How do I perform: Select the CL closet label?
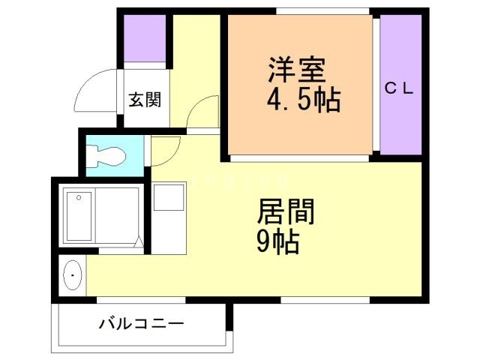[400, 88]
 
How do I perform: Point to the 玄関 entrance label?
[143, 100]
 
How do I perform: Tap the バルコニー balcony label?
[141, 325]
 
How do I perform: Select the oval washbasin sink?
[72, 276]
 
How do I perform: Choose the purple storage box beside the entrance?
[145, 37]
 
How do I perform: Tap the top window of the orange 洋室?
[300, 11]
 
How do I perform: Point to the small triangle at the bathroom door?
[139, 241]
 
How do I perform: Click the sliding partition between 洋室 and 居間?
[300, 158]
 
